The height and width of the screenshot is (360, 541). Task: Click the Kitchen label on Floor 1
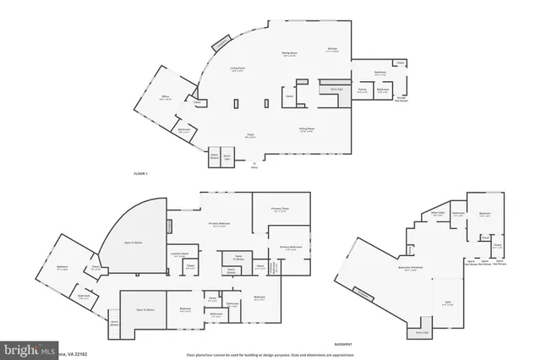[332, 49]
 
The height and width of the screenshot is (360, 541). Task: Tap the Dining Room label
[288, 54]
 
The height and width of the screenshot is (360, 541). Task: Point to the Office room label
[166, 98]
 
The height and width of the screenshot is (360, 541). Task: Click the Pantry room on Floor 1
[361, 90]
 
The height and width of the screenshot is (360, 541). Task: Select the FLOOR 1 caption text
[141, 173]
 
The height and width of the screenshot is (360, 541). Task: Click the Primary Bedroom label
[219, 224]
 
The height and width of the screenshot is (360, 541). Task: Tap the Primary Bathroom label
[290, 248]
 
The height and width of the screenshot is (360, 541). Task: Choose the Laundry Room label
[179, 253]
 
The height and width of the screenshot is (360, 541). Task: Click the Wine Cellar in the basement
[438, 214]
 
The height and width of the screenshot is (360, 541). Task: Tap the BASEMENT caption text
[343, 345]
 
